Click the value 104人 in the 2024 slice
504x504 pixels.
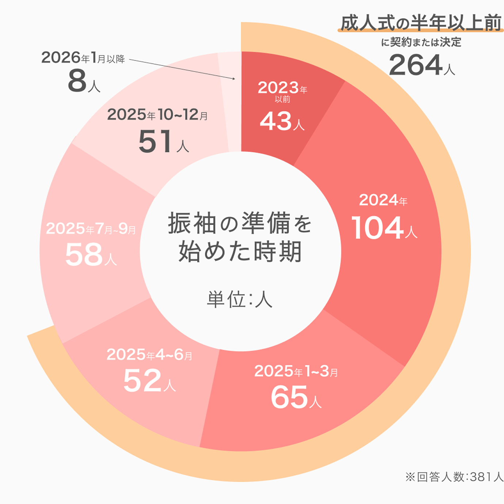pyautogui.click(x=384, y=228)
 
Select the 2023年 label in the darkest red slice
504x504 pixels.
pyautogui.click(x=282, y=88)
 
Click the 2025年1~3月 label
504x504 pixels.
pyautogui.click(x=296, y=371)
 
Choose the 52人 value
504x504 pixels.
pyautogui.click(x=149, y=381)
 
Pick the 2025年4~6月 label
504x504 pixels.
pyautogui.click(x=149, y=355)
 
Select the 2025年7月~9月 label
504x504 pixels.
pyautogui.click(x=91, y=229)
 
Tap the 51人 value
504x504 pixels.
pyautogui.click(x=164, y=142)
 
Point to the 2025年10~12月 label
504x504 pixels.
pyautogui.click(x=157, y=115)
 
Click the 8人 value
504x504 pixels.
pyautogui.click(x=84, y=81)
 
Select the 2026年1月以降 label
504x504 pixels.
pyautogui.click(x=83, y=58)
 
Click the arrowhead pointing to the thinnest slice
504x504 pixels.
pyautogui.click(x=234, y=79)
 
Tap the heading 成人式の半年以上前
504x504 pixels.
pyautogui.click(x=421, y=23)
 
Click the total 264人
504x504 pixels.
pyautogui.click(x=422, y=65)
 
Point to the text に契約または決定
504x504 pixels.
pyautogui.click(x=421, y=42)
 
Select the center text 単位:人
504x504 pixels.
pyautogui.click(x=240, y=300)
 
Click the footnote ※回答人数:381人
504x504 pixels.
pyautogui.click(x=454, y=477)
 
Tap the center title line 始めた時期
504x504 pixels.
pyautogui.click(x=240, y=252)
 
